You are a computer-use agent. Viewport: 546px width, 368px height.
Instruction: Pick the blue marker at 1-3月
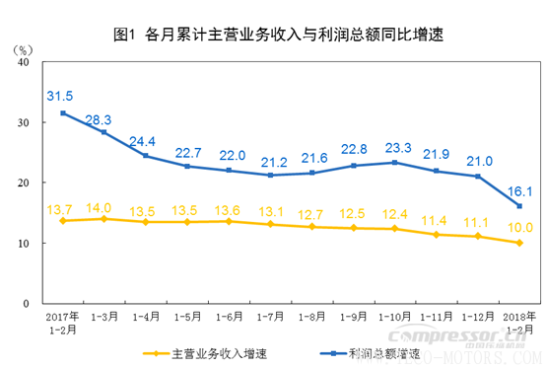pos(103,132)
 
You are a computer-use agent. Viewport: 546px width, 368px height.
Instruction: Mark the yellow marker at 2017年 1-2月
pos(63,220)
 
